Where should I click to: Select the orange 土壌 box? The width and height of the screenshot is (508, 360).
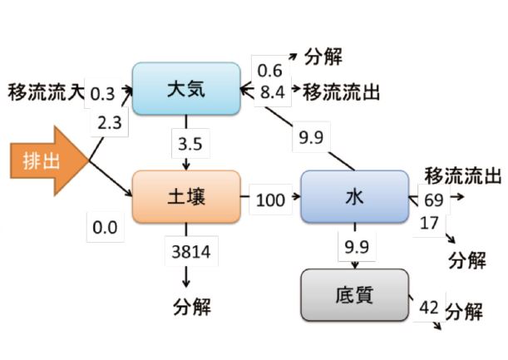point(186,197)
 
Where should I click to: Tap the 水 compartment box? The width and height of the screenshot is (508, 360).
point(354,197)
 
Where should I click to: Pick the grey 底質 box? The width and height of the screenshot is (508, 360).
point(354,294)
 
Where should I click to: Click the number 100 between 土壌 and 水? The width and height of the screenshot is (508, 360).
point(269,200)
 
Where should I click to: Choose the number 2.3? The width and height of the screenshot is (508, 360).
point(110,123)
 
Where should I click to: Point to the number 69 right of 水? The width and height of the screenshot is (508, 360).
point(432,200)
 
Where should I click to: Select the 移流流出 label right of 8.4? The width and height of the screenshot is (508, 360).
point(342,91)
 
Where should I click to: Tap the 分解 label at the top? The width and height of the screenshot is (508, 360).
point(323,57)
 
